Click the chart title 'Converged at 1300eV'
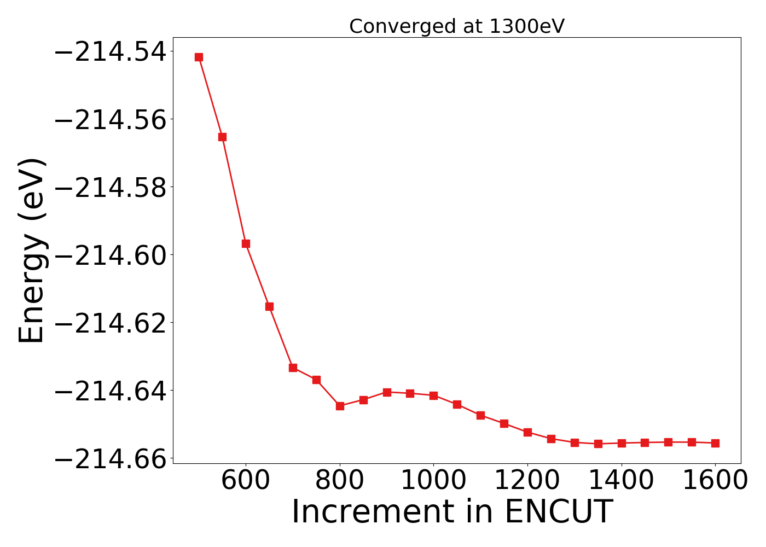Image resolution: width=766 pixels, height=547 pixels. (x=456, y=26)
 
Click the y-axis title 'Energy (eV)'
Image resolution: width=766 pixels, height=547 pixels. (x=32, y=251)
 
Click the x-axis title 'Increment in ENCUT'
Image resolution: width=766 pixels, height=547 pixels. (x=451, y=512)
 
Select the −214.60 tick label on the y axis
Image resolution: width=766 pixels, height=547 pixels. (x=111, y=255)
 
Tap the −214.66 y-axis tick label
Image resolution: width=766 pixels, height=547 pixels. (x=111, y=458)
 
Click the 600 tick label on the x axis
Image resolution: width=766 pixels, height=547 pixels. (x=246, y=480)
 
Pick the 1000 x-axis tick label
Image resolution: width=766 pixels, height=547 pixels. (x=433, y=480)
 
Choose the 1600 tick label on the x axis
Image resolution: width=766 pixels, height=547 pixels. (x=715, y=480)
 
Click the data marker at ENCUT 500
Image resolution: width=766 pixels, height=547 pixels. (x=199, y=57)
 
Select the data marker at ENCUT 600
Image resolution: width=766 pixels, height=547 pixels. (x=246, y=243)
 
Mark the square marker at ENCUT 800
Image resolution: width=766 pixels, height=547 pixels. (x=340, y=406)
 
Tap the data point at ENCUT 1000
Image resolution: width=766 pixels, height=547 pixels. (x=433, y=395)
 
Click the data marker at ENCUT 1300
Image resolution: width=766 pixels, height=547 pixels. (x=574, y=443)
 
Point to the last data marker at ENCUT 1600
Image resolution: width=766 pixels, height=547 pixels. (x=715, y=443)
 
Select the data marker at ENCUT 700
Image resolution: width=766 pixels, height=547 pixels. (x=293, y=368)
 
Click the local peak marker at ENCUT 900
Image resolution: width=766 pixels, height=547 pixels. (x=387, y=392)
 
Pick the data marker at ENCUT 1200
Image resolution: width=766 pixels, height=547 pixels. (x=527, y=432)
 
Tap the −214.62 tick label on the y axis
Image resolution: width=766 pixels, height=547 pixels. (x=111, y=323)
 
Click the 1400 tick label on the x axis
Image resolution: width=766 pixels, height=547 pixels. (x=622, y=480)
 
